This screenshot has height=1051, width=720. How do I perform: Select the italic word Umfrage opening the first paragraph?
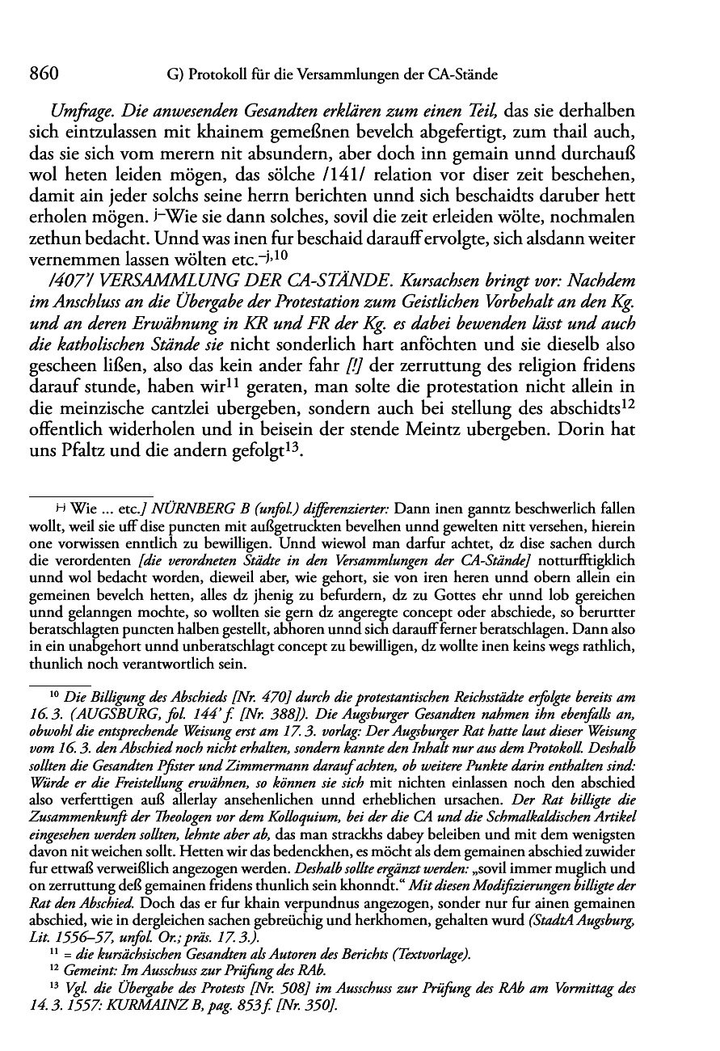[x=81, y=109]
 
